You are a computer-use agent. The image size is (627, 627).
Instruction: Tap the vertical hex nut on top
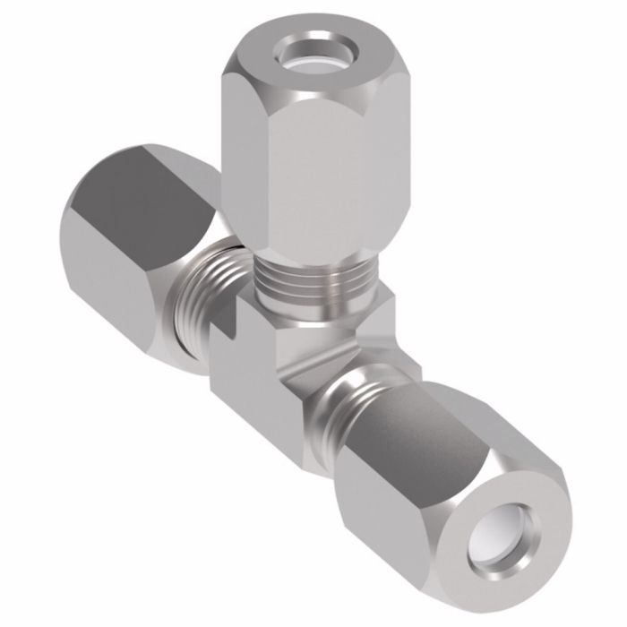coord(305,152)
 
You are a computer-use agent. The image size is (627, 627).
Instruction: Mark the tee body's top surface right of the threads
coord(367,309)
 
